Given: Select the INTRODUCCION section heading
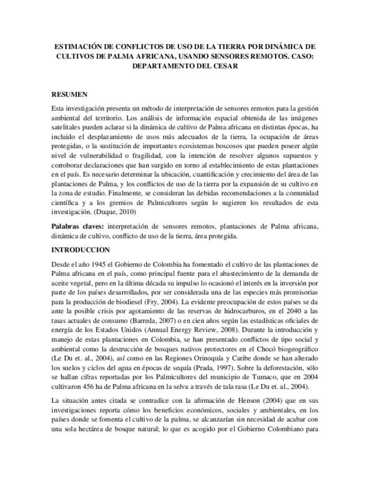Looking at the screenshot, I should [81, 249].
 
